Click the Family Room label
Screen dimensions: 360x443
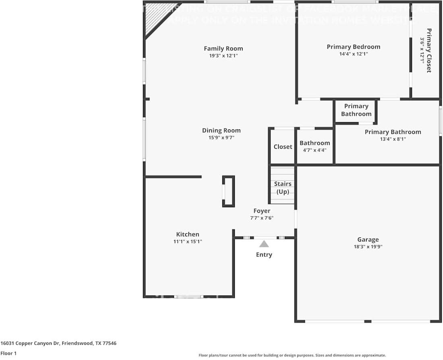(223, 48)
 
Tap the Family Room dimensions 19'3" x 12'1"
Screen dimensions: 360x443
(223, 56)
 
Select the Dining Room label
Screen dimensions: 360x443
(221, 130)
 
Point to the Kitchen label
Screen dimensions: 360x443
(188, 234)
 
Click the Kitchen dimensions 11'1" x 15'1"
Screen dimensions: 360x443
(188, 241)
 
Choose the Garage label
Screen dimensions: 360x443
(368, 239)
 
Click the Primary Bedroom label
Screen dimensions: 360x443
(353, 47)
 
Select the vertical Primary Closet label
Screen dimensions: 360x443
(429, 50)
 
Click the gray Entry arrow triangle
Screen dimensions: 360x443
(264, 244)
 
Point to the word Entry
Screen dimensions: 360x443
(264, 254)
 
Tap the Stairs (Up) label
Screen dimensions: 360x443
(283, 188)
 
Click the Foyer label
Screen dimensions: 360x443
(262, 211)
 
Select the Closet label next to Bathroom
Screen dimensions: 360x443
(283, 147)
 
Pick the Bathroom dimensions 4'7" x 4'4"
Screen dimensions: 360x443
(315, 150)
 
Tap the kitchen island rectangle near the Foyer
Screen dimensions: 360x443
(228, 191)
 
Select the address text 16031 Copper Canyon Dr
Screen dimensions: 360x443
(30, 343)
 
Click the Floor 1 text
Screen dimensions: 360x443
(8, 353)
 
